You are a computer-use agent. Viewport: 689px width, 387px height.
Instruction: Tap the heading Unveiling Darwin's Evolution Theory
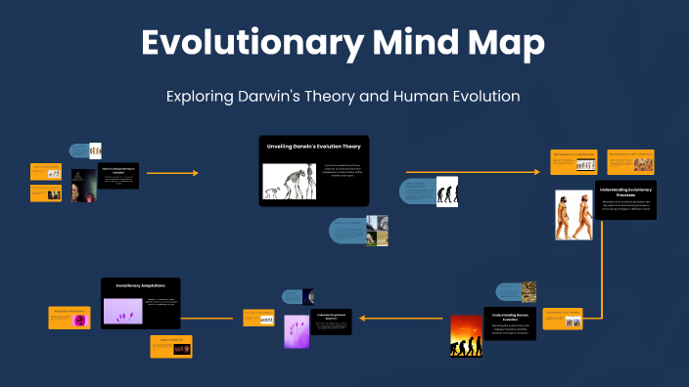pos(313,146)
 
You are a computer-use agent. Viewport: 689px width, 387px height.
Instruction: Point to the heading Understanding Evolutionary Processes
pos(626,192)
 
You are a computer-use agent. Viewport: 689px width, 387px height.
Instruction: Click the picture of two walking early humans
pos(574,214)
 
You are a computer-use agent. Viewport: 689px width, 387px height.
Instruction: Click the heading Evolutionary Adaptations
pos(140,285)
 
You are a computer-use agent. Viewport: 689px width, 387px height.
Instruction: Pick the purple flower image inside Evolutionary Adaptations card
pos(123,311)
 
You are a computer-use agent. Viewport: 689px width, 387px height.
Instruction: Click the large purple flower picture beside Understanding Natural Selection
pos(297,331)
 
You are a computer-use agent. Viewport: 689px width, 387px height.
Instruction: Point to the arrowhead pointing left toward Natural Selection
pos(360,318)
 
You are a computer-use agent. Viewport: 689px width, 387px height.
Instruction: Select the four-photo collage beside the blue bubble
pos(377,232)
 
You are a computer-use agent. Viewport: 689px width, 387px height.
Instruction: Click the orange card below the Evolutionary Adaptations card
pos(171,346)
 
